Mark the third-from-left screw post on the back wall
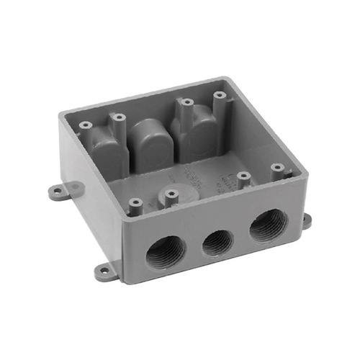coord(186,103)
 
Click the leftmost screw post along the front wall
coord(135,205)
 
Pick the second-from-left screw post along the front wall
coord(170,194)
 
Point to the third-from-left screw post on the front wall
coord(243,177)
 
